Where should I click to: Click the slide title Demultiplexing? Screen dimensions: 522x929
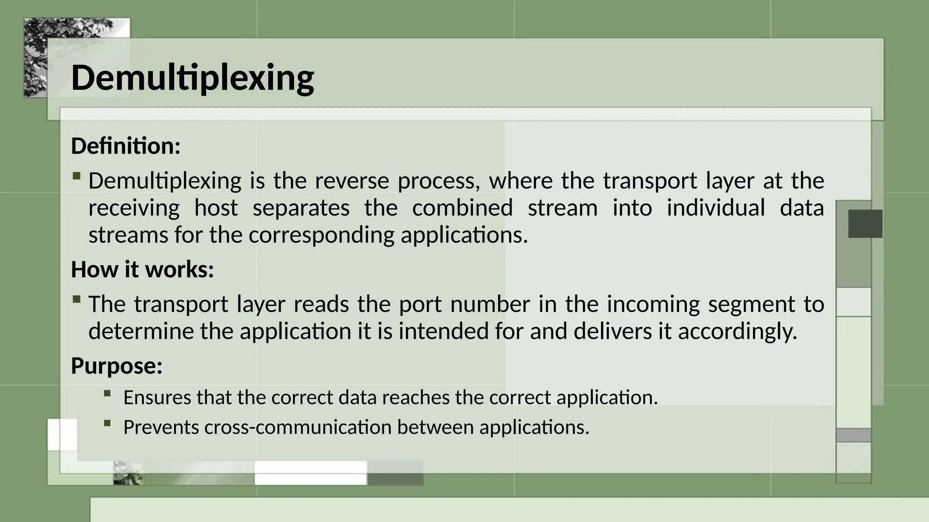pyautogui.click(x=192, y=78)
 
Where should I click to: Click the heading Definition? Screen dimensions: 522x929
pyautogui.click(x=126, y=146)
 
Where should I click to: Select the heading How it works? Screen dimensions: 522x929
pyautogui.click(x=142, y=270)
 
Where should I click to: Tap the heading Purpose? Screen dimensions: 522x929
pyautogui.click(x=117, y=366)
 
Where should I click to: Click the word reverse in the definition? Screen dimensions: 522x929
pyautogui.click(x=352, y=181)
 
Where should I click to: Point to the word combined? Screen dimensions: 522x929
pyautogui.click(x=462, y=208)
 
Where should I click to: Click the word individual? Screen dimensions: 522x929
pyautogui.click(x=715, y=208)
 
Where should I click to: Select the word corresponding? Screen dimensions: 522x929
pyautogui.click(x=321, y=235)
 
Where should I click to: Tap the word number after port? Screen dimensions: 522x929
pyautogui.click(x=490, y=304)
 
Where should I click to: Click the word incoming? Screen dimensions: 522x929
pyautogui.click(x=653, y=304)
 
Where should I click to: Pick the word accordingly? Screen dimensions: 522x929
pyautogui.click(x=738, y=331)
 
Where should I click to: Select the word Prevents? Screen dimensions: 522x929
pyautogui.click(x=161, y=427)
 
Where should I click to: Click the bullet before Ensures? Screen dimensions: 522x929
pyautogui.click(x=107, y=393)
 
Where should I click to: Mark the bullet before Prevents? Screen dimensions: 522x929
pyautogui.click(x=107, y=423)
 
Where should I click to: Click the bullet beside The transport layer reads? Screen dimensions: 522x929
pyautogui.click(x=77, y=299)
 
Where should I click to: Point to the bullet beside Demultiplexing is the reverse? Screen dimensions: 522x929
pyautogui.click(x=77, y=176)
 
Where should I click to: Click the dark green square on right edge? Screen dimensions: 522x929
pyautogui.click(x=865, y=224)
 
